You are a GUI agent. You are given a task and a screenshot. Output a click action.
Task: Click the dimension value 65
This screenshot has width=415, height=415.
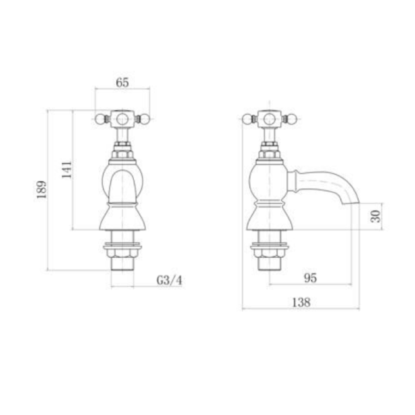pos(122,83)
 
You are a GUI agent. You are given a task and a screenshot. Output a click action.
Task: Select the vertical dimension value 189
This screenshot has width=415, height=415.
pos(42,190)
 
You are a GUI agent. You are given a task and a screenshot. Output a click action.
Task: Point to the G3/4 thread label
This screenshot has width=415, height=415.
pos(169,280)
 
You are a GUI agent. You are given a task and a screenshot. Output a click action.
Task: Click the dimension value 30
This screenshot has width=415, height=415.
pos(377,216)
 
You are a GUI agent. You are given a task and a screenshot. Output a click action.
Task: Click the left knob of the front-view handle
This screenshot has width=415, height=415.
pos(99,119)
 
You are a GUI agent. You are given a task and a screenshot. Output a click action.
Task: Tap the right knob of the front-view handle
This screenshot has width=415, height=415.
pos(145,119)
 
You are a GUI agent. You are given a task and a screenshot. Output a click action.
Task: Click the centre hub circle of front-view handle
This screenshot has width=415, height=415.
pos(122,119)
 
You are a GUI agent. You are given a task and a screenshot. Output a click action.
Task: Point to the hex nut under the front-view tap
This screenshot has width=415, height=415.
pos(122,253)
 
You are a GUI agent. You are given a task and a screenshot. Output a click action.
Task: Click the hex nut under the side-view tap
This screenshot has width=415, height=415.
pos(269,253)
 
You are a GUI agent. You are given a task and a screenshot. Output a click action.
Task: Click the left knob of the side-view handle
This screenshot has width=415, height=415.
pos(247,119)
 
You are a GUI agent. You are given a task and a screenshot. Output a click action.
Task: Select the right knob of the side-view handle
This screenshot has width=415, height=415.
pos(292,119)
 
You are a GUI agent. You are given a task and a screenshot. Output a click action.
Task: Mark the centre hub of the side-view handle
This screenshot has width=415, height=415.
pos(269,119)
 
